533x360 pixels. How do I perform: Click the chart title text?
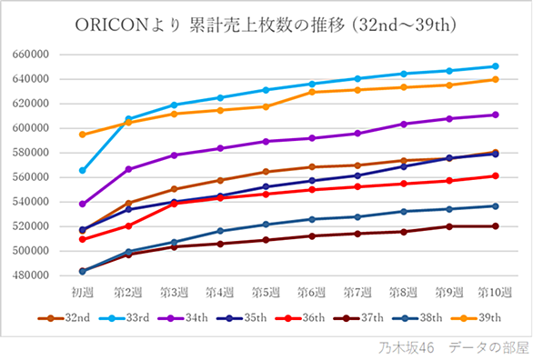(266, 25)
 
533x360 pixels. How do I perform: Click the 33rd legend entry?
(124, 318)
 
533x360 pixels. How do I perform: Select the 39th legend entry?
(476, 318)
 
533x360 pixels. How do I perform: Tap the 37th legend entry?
(358, 318)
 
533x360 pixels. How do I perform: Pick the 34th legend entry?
(183, 318)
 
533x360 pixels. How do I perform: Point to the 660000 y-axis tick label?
(31, 55)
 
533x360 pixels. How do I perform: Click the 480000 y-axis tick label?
(31, 275)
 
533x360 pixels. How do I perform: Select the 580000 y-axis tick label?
(31, 153)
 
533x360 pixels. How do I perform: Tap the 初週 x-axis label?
(82, 293)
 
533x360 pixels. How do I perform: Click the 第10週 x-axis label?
(495, 293)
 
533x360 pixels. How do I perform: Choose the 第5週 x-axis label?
(266, 293)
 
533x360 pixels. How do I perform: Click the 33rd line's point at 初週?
(82, 171)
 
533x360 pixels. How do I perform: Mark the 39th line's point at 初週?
(82, 135)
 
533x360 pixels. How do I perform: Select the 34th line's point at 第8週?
(404, 125)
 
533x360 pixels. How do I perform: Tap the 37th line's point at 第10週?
(496, 226)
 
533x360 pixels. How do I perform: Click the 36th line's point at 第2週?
(128, 225)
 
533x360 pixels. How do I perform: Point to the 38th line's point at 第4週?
(220, 231)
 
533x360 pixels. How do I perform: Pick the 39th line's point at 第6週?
(312, 92)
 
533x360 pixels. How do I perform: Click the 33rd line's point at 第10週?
(496, 66)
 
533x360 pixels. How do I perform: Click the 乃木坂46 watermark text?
(407, 348)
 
